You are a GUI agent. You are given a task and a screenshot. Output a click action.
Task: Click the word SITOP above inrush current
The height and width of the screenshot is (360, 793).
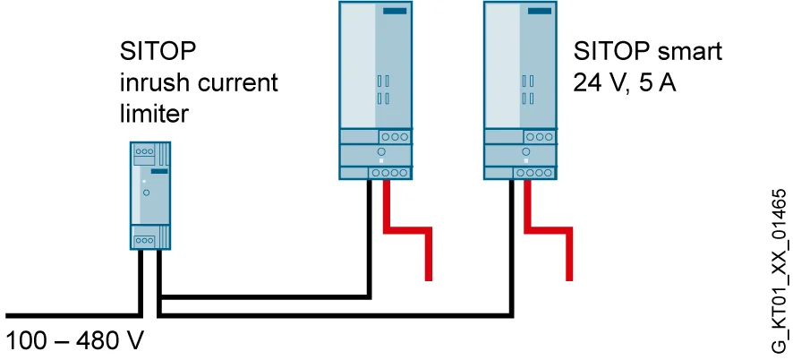pos(158,52)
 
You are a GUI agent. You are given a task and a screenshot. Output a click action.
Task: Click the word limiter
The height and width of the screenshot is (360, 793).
pos(154,114)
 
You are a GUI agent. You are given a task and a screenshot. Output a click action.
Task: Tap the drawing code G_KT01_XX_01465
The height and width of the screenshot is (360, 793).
pos(780,270)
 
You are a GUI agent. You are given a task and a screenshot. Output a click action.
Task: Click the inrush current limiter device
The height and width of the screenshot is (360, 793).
pos(150,195)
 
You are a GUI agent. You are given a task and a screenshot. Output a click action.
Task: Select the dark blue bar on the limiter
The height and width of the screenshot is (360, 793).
pos(158,172)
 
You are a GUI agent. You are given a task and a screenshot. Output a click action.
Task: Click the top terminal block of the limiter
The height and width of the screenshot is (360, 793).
pos(145,151)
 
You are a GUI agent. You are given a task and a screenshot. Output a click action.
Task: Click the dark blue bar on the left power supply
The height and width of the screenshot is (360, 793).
pos(395,12)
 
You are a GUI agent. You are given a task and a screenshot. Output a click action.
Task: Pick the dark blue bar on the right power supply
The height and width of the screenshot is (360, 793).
pos(540,12)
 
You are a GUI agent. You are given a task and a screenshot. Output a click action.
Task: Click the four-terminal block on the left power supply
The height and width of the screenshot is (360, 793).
pos(390,173)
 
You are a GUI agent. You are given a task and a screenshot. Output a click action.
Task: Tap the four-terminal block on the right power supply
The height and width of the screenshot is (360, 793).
pos(534,173)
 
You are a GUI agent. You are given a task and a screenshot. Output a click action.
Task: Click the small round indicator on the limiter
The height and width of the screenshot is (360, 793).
pos(146,193)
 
